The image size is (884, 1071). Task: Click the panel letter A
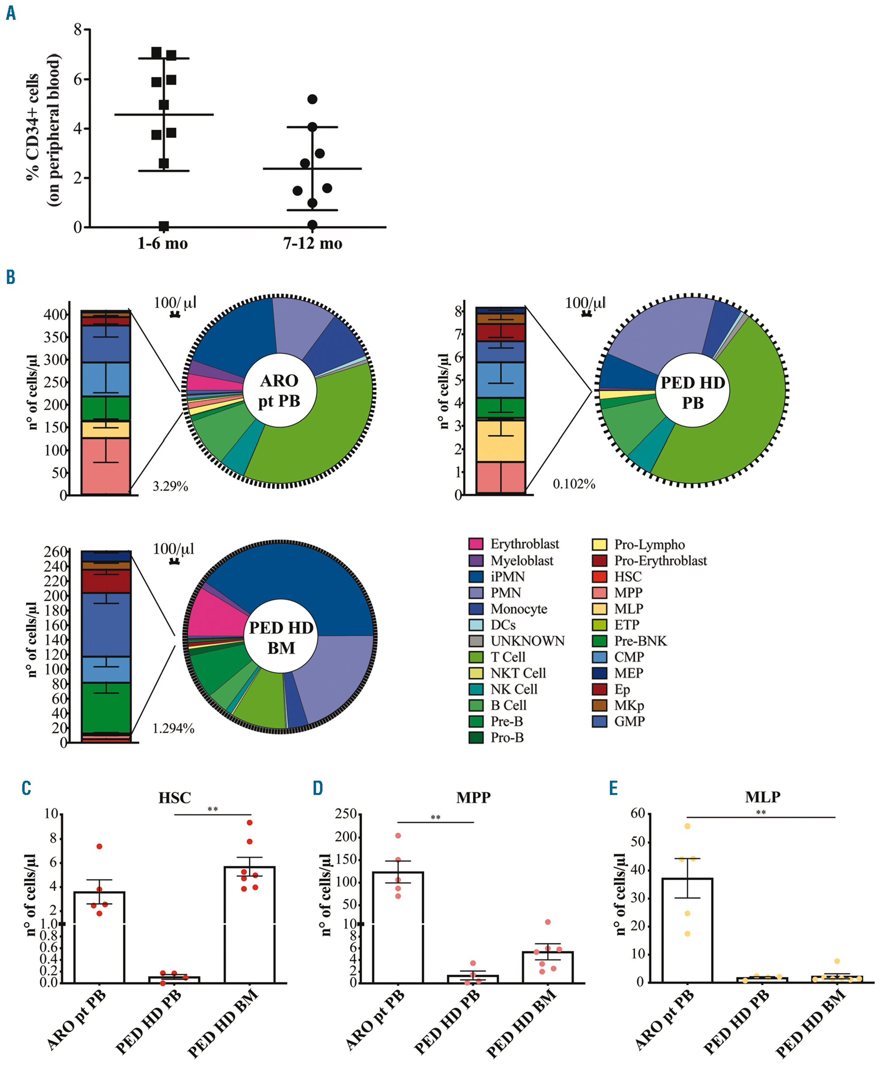11,13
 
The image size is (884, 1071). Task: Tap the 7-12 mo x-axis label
312,244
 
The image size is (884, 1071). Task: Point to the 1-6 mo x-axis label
163,244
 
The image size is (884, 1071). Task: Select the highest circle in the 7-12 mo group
312,99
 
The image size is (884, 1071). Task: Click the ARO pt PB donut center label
279,391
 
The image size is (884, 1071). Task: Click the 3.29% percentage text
170,486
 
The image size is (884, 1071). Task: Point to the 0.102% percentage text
574,484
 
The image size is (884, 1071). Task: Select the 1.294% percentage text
173,729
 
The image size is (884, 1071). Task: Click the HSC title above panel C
174,797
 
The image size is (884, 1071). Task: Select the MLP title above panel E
762,797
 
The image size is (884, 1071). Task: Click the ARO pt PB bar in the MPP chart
398,927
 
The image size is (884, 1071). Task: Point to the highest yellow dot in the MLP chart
687,826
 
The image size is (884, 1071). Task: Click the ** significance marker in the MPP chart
435,817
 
